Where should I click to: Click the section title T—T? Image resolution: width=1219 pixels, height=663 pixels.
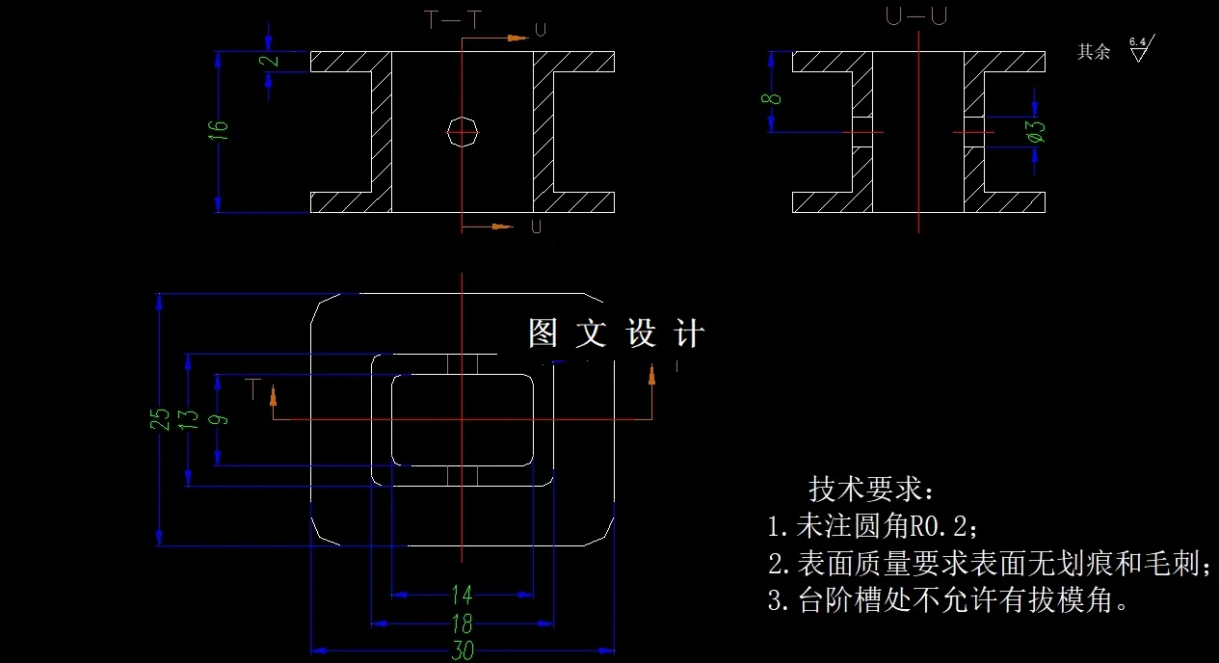(452, 18)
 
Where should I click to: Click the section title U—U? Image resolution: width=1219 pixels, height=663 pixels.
(914, 16)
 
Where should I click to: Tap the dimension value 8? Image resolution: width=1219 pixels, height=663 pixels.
(772, 98)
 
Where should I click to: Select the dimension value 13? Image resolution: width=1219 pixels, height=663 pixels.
(188, 419)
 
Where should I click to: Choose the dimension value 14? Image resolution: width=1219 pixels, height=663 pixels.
(463, 593)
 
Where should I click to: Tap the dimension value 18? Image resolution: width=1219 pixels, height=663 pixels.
(463, 621)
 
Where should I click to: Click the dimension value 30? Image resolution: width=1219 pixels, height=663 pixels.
(463, 650)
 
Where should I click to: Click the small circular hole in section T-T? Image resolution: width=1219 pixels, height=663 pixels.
(463, 130)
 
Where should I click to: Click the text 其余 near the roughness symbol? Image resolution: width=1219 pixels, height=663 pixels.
(1093, 52)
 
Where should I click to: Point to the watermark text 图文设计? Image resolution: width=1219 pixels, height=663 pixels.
(617, 333)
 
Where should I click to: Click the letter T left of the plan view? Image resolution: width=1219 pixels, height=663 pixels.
(253, 388)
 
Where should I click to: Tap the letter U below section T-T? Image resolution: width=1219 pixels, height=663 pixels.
(536, 227)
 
